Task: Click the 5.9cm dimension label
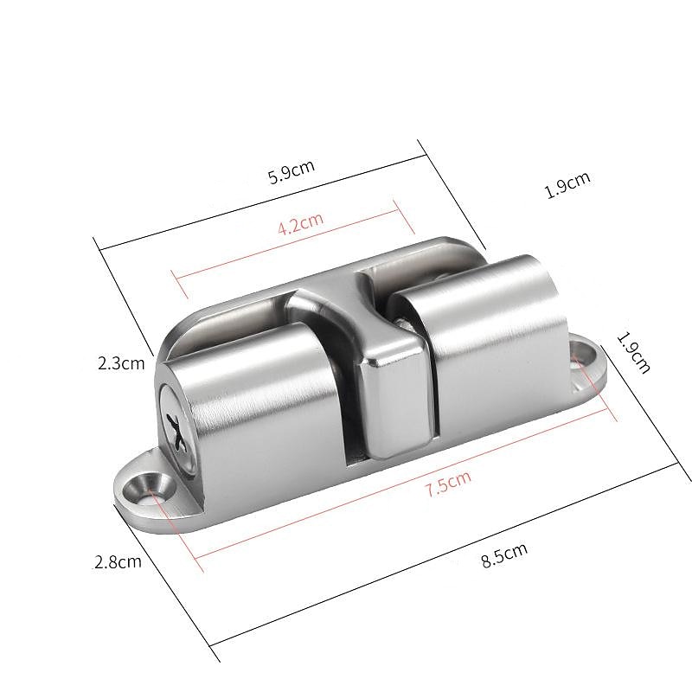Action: point(290,172)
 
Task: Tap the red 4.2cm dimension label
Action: point(300,227)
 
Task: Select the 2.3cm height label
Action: point(121,363)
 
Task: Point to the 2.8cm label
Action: point(117,561)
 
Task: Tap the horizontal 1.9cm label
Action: point(567,186)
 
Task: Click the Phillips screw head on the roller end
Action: point(173,429)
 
